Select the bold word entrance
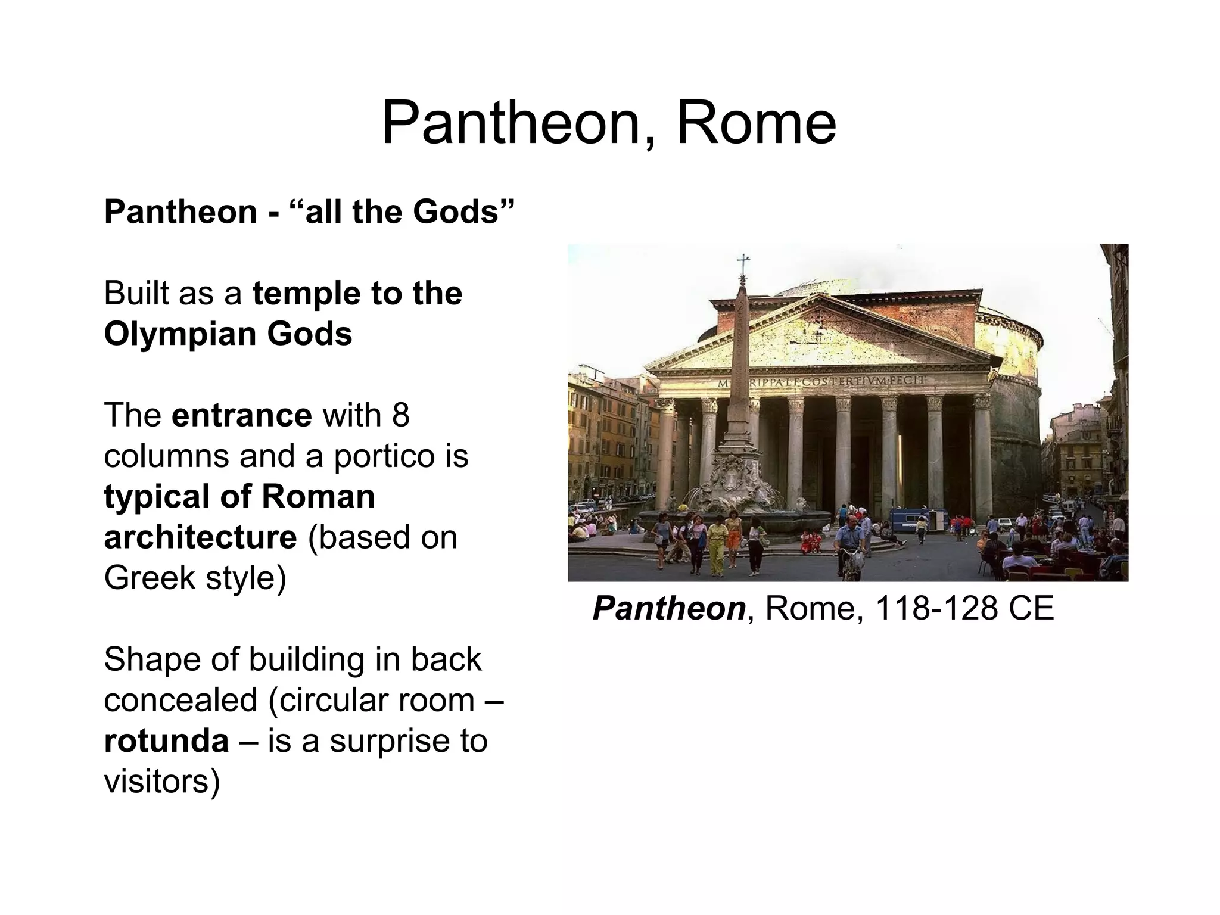pos(241,415)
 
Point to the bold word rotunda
pos(166,740)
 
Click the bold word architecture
pos(200,537)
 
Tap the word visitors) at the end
pos(162,781)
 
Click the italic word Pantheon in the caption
pos(669,608)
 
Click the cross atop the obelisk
pos(743,263)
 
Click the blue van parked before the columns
pos(909,519)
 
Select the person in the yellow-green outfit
pos(717,545)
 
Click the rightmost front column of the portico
pos(981,453)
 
